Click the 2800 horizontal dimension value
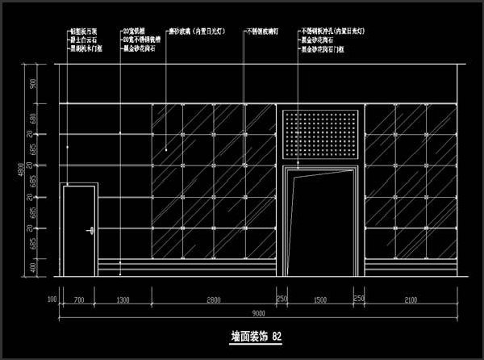(x=213, y=299)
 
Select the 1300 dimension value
(x=123, y=299)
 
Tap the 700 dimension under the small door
(x=78, y=299)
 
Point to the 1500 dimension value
(x=320, y=299)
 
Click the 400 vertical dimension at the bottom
(x=33, y=267)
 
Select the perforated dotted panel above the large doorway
(x=320, y=134)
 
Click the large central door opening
(x=320, y=222)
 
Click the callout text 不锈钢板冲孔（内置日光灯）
(x=336, y=30)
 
